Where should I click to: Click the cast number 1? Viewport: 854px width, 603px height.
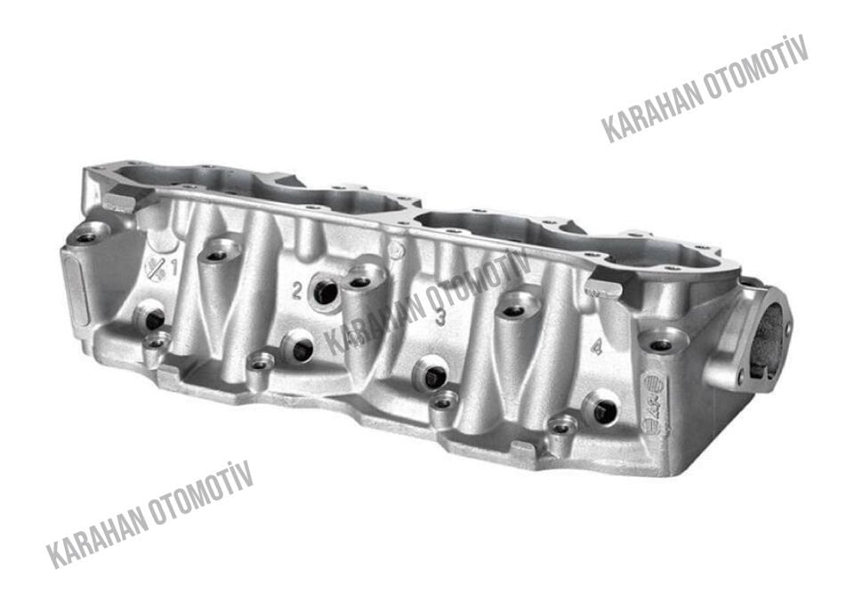174,267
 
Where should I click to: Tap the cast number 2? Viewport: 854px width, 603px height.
297,291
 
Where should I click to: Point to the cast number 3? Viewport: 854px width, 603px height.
440,318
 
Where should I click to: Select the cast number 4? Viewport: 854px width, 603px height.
598,347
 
